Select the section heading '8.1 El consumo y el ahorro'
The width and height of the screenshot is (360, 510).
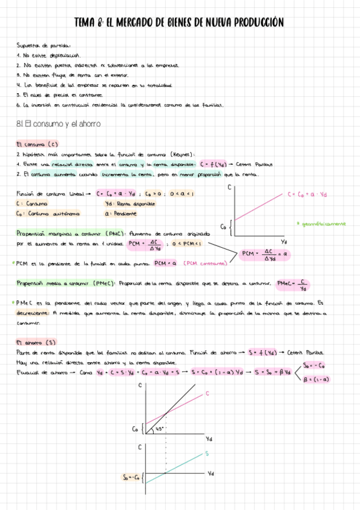click(x=59, y=123)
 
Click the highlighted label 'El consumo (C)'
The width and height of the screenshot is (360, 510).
click(x=37, y=144)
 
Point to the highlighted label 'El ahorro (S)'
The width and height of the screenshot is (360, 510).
click(x=35, y=342)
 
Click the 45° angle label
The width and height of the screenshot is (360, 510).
click(x=159, y=429)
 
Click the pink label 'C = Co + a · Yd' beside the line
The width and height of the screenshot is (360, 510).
click(x=307, y=194)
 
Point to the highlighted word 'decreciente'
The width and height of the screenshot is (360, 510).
click(x=32, y=313)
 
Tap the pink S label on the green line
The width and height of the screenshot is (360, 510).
click(x=207, y=453)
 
